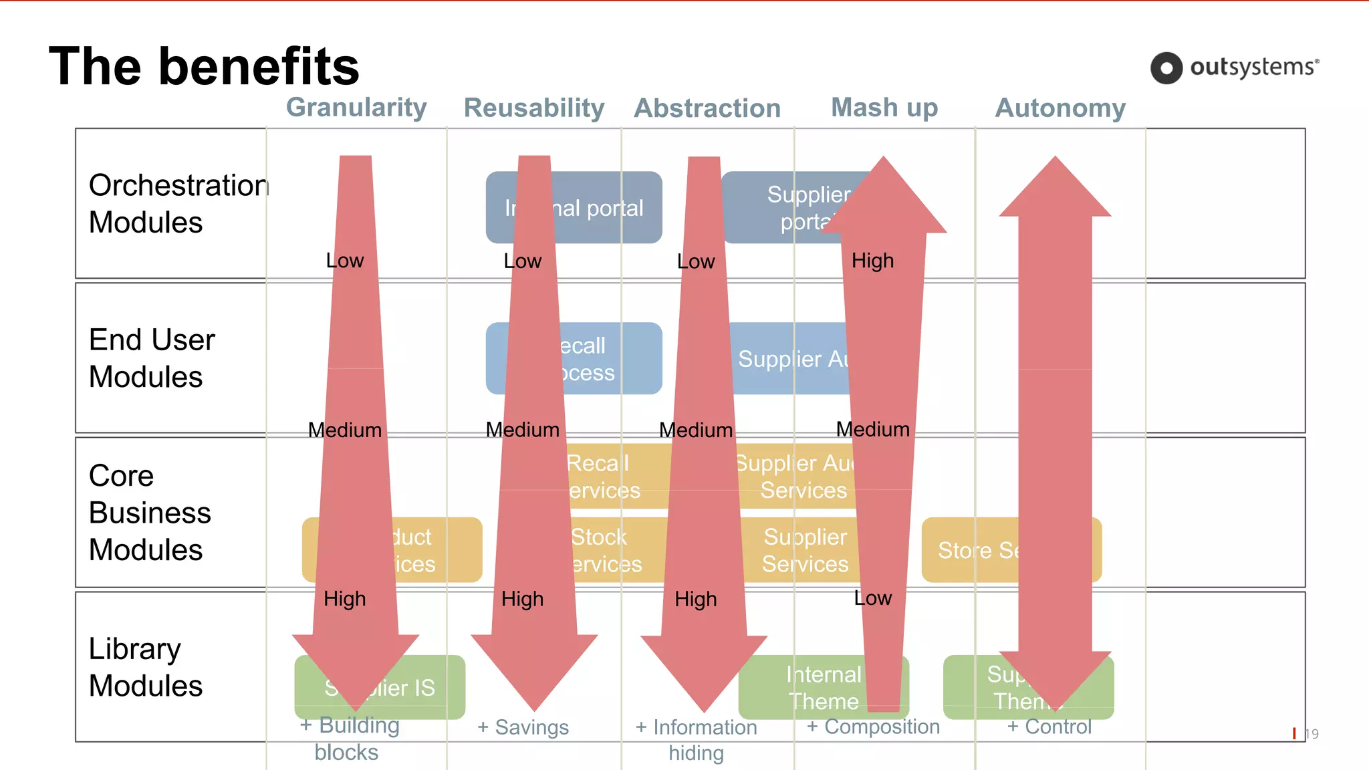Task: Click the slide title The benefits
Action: coord(204,66)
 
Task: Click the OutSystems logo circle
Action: coord(1166,68)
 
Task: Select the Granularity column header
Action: coord(356,108)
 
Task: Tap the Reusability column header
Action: coord(534,108)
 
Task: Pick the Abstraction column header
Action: coord(707,108)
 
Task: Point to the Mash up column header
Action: coord(884,108)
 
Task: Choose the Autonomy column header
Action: coord(1060,108)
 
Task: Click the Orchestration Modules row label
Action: coord(178,203)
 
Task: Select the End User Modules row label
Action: coord(152,358)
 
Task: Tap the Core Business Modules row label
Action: coord(150,513)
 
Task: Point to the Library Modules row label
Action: coord(146,667)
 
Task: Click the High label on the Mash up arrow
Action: coord(872,261)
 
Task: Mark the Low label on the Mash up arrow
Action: coord(872,598)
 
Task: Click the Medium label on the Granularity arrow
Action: coord(345,430)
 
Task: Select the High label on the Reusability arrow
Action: coord(522,599)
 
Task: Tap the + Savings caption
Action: coord(523,727)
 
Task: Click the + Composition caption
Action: coord(873,727)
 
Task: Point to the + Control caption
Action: coord(1049,727)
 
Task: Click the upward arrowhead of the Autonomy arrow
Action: coord(1055,187)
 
